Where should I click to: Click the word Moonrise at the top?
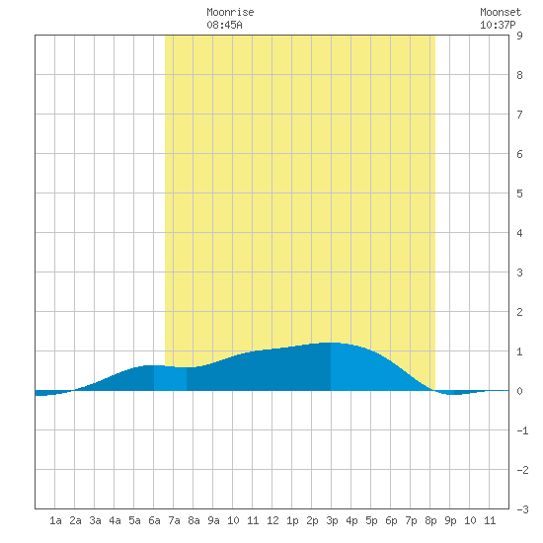230,12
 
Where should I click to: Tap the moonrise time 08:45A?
224,25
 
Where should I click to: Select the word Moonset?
501,12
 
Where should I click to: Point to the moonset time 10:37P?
498,25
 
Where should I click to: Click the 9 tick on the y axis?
519,36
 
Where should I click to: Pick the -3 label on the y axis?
522,509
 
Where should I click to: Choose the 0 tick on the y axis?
519,391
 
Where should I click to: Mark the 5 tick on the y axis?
519,194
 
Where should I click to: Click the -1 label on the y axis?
522,430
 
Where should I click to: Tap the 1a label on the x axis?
55,520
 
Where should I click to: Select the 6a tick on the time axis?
154,520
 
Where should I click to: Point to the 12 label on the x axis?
272,520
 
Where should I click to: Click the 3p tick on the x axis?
332,520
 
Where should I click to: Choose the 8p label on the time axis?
430,520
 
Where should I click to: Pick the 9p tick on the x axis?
450,520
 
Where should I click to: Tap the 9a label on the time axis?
213,520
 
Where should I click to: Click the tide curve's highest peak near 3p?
331,343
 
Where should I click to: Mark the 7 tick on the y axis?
519,115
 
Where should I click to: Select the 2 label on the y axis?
519,312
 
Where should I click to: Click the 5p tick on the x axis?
371,520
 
